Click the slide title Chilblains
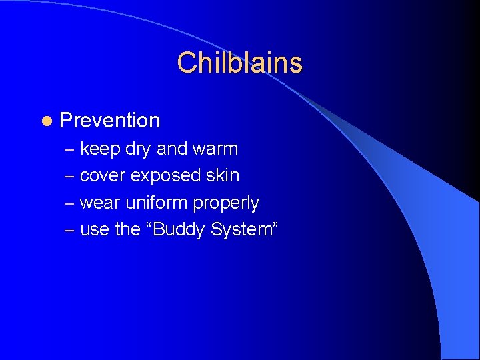point(240,63)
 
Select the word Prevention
point(110,121)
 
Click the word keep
point(99,149)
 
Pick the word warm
point(215,149)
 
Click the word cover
point(103,176)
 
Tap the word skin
point(223,175)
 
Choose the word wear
point(100,203)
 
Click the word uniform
point(157,202)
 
